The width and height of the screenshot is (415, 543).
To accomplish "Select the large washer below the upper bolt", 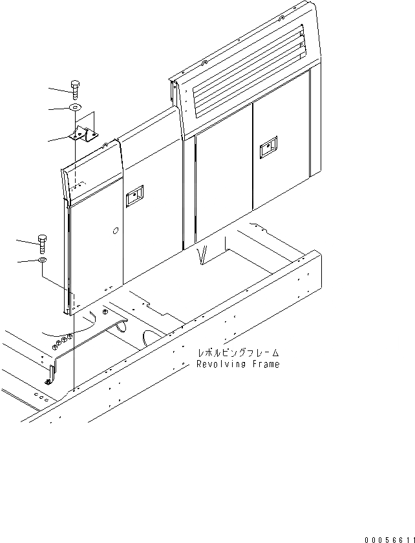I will pyautogui.click(x=76, y=108).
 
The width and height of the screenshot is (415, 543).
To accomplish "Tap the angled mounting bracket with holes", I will pyautogui.click(x=85, y=136).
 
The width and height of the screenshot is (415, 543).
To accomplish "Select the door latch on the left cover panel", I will pyautogui.click(x=134, y=197).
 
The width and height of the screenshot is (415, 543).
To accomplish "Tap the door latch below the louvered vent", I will pyautogui.click(x=266, y=151).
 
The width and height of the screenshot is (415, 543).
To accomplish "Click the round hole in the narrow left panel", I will pyautogui.click(x=114, y=231).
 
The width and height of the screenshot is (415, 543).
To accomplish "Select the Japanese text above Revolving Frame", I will pyautogui.click(x=239, y=353).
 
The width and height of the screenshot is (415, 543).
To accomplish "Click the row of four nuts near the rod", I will pyautogui.click(x=63, y=339).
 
